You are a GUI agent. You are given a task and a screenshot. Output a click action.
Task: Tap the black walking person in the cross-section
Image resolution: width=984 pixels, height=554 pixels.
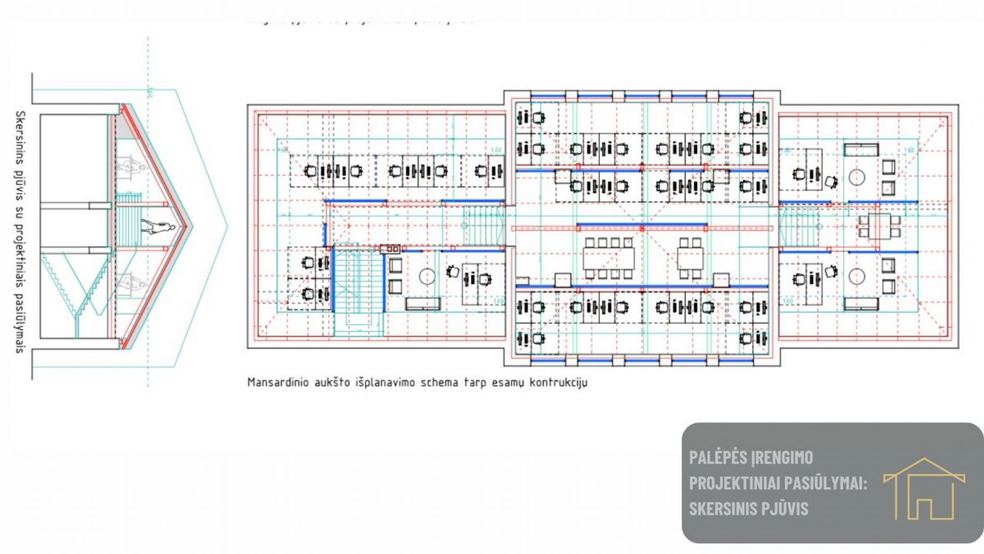tap(158, 227)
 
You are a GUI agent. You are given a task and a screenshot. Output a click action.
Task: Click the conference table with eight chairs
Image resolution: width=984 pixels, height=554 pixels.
tap(609, 258)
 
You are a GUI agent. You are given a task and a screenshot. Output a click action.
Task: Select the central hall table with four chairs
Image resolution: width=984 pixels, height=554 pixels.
tap(690, 258)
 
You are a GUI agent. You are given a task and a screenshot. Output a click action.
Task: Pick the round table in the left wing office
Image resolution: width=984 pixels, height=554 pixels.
tap(427, 276)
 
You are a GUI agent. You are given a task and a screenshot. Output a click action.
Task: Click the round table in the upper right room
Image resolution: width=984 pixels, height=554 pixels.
tap(857, 178)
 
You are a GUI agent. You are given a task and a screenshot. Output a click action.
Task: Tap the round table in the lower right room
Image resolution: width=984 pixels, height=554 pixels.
tap(857, 276)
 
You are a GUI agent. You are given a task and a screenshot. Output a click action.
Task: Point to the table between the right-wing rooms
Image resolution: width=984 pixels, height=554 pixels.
tap(879, 226)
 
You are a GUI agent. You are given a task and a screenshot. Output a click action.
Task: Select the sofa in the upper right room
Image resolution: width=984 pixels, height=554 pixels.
tap(861, 150)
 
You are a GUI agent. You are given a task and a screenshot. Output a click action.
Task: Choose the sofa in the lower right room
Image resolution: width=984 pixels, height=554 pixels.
tap(861, 303)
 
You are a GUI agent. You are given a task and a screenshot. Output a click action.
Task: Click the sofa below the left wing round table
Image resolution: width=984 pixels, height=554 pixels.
tap(423, 304)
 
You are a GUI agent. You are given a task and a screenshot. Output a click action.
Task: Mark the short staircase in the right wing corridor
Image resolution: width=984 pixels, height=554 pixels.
tap(798, 226)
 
